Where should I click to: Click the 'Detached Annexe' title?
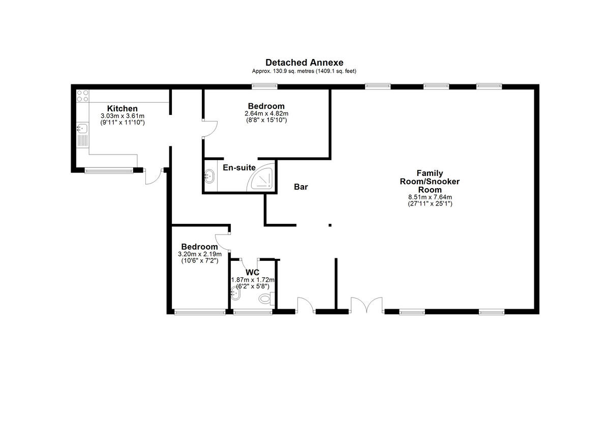pyautogui.click(x=304, y=63)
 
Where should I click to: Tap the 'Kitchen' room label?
pyautogui.click(x=122, y=108)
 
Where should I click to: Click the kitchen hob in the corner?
pyautogui.click(x=82, y=96)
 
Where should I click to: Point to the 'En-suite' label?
pyautogui.click(x=239, y=167)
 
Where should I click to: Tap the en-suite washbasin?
pyautogui.click(x=209, y=176)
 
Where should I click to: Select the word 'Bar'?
pyautogui.click(x=301, y=187)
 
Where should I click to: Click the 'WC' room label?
pyautogui.click(x=252, y=273)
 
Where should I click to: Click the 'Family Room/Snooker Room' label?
pyautogui.click(x=430, y=182)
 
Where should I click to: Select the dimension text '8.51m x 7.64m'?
pyautogui.click(x=430, y=197)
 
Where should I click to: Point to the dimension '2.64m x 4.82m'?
pyautogui.click(x=266, y=113)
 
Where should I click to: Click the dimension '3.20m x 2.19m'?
pyautogui.click(x=200, y=254)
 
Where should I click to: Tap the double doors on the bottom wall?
pyautogui.click(x=367, y=305)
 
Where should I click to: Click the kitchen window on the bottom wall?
pyautogui.click(x=108, y=170)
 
